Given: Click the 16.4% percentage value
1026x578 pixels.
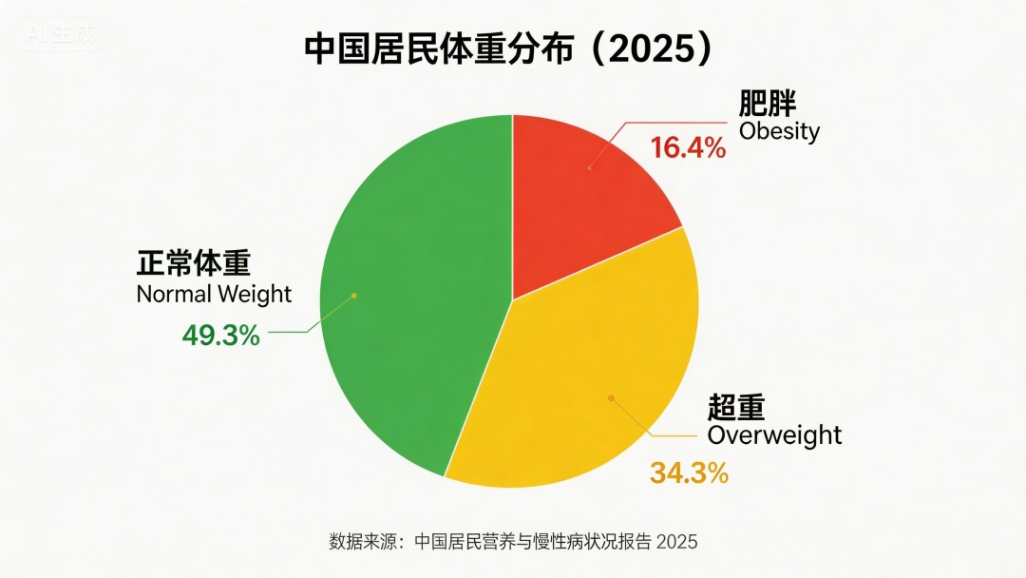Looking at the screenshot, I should click(x=688, y=148).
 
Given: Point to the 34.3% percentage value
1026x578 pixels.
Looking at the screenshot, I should click(x=689, y=472).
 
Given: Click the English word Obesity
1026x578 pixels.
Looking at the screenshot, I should click(x=779, y=131).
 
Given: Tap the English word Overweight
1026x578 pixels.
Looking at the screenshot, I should click(x=774, y=435).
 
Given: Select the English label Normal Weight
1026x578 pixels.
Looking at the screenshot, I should click(x=214, y=294).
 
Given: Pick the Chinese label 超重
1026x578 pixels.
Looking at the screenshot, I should click(x=736, y=408).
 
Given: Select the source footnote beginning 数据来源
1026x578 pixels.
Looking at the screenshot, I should click(x=513, y=542).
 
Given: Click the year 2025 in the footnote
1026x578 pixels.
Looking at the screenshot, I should click(x=676, y=542).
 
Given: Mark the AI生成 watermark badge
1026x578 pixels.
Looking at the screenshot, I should click(x=62, y=34).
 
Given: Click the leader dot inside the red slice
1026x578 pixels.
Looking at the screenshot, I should click(x=589, y=168).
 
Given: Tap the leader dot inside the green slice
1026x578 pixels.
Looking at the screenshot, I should click(x=354, y=295).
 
